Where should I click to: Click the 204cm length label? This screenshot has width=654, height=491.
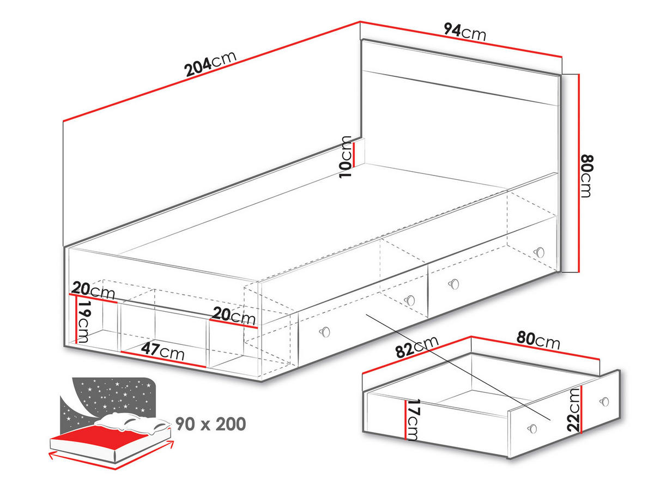coord(210,63)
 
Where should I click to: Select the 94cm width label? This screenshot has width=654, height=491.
coord(464,32)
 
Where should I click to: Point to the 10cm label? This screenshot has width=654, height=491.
coord(345,157)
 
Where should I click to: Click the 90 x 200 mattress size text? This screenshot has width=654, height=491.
coord(210,423)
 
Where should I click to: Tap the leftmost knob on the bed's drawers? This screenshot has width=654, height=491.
coord(325,331)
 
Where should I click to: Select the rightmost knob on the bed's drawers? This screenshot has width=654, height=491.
coord(540,251)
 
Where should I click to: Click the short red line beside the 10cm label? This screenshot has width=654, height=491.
coord(354,155)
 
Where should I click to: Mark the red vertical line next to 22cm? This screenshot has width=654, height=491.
coord(582,410)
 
